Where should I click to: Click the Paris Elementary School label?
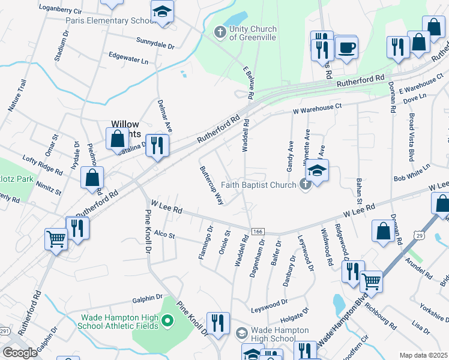[108, 20]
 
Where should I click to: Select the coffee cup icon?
[346, 47]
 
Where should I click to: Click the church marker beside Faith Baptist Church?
[305, 185]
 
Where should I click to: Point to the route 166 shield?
[258, 232]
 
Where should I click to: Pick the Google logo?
[20, 353]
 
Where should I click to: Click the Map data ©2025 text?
[424, 355]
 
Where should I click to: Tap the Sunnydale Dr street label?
[155, 46]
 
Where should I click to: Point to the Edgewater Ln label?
[128, 61]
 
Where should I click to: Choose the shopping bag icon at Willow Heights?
[118, 138]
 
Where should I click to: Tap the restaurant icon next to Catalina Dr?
[158, 145]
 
